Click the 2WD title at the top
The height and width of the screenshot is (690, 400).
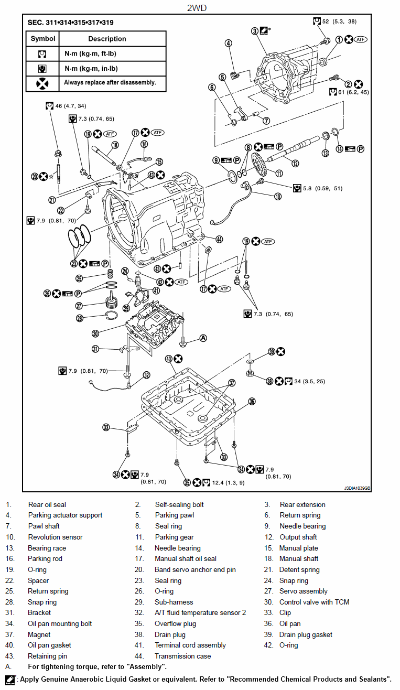200,8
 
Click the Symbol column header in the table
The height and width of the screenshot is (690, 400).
43,39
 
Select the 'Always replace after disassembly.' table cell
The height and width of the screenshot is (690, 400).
110,82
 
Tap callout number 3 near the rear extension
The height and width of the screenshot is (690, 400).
255,31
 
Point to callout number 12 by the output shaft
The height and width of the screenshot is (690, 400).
296,163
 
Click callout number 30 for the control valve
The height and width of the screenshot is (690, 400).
95,333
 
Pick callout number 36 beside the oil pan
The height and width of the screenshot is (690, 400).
252,402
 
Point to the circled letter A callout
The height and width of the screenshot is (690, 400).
203,338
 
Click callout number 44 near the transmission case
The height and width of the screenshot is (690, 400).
219,239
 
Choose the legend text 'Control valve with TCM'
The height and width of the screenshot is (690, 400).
314,602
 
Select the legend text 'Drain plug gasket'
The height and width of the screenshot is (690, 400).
306,634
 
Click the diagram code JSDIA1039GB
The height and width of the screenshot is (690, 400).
357,488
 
